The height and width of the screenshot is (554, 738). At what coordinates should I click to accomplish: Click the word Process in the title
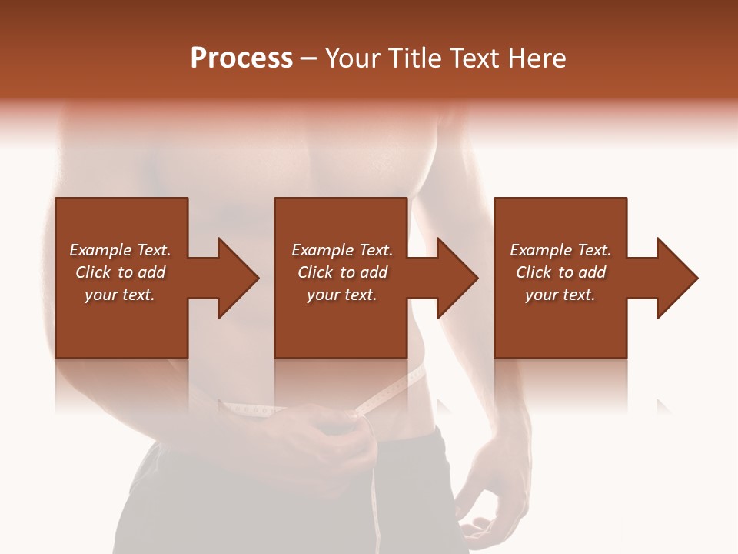coord(241,58)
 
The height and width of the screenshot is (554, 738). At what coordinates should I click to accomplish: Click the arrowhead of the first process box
coord(234,278)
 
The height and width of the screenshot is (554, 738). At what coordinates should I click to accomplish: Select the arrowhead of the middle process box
coord(454,278)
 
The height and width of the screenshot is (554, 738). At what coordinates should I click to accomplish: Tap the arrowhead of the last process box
coord(673,278)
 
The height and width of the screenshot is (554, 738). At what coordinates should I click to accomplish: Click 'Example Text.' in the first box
coord(120,250)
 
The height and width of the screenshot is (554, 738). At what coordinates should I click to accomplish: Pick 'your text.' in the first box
coord(120,295)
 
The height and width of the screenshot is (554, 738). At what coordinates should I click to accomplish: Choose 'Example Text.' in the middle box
coord(342,250)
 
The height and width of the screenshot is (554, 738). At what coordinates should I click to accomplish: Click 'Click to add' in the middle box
coord(342,272)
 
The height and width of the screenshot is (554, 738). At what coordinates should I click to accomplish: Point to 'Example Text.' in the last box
coord(560,250)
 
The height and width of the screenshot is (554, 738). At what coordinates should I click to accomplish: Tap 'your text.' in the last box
coord(560,295)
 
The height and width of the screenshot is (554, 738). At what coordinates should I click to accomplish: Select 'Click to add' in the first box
coord(120,272)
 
